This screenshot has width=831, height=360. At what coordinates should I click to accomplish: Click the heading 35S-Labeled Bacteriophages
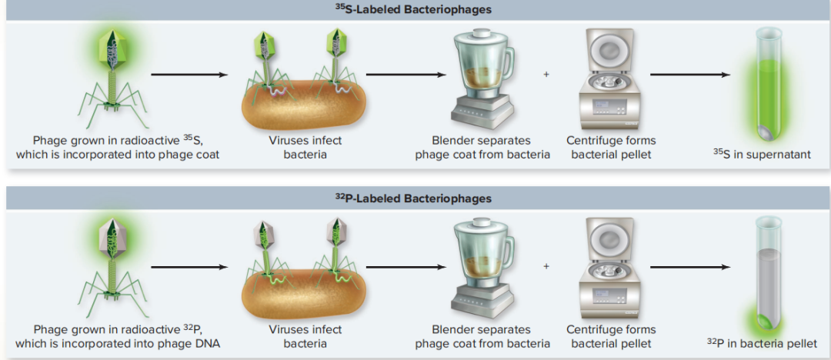(x=415, y=10)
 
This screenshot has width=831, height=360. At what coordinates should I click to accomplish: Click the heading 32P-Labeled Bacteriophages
(x=415, y=198)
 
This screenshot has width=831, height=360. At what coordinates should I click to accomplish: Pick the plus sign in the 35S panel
(x=546, y=75)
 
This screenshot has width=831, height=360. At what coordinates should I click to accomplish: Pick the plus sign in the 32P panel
(x=546, y=266)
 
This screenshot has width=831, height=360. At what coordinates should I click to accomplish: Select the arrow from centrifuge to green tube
(x=689, y=75)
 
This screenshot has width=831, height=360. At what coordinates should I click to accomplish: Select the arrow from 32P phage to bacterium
(x=189, y=267)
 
